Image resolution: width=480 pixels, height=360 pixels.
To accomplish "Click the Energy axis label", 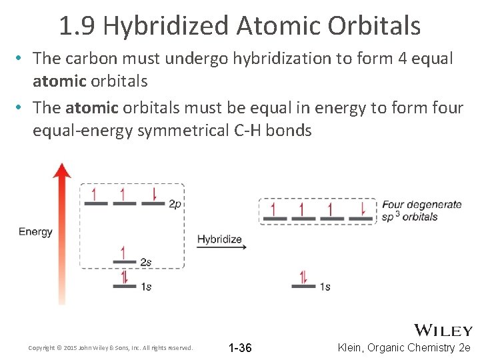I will coord(35,232).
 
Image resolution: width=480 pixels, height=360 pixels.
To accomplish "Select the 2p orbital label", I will coord(175,204).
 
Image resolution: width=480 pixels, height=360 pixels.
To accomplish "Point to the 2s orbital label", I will coord(145,262).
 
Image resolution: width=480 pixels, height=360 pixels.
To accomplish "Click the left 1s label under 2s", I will coord(145,287).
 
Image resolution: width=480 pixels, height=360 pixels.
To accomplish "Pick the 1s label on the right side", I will coord(325,287).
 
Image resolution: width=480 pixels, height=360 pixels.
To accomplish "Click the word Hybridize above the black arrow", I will coord(219,239).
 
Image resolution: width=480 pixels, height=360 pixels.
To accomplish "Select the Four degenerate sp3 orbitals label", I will coord(421,211).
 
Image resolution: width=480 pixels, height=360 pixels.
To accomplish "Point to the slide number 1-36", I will coord(240,348).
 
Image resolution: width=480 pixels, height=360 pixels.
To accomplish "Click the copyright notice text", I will coord(111,348).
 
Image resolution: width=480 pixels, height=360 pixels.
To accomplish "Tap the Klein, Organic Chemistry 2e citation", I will coord(405,348).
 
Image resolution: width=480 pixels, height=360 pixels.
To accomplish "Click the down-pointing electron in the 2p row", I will coord(154,195).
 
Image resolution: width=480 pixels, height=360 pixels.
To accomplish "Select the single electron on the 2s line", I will coord(123,254).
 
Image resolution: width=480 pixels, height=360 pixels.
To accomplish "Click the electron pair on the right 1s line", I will coord(303,277).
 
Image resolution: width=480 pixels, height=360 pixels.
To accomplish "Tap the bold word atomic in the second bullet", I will coord(92,107).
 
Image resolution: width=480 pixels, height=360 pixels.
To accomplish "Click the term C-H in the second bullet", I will coord(247,130).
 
